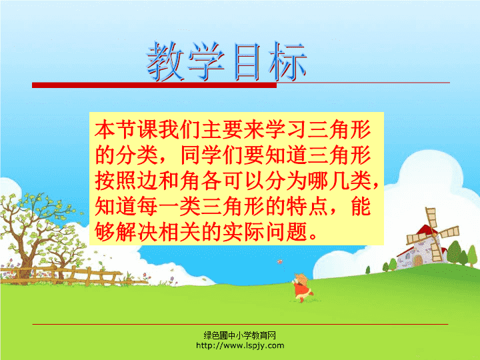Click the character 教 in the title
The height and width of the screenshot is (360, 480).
point(165,61)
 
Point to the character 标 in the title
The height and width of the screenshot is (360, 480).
point(287,61)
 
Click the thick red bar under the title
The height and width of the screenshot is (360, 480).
point(154,85)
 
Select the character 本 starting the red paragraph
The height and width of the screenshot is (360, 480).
point(105,129)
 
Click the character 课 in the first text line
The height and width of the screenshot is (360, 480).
point(147,129)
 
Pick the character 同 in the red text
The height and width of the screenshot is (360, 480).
point(191,155)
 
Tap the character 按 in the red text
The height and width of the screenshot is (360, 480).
point(105,181)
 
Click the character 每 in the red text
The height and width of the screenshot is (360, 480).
point(147,207)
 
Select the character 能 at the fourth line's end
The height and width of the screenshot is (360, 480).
point(361,207)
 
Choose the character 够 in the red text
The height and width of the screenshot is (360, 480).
point(105,232)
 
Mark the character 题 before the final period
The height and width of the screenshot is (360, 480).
point(297,232)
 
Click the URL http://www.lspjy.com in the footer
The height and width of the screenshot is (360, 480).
point(240,345)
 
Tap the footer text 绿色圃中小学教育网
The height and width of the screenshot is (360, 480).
point(240,335)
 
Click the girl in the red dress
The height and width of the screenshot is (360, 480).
point(302,288)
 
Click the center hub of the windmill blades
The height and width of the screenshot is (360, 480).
point(435,235)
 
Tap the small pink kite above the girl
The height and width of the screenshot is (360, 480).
point(279,262)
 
